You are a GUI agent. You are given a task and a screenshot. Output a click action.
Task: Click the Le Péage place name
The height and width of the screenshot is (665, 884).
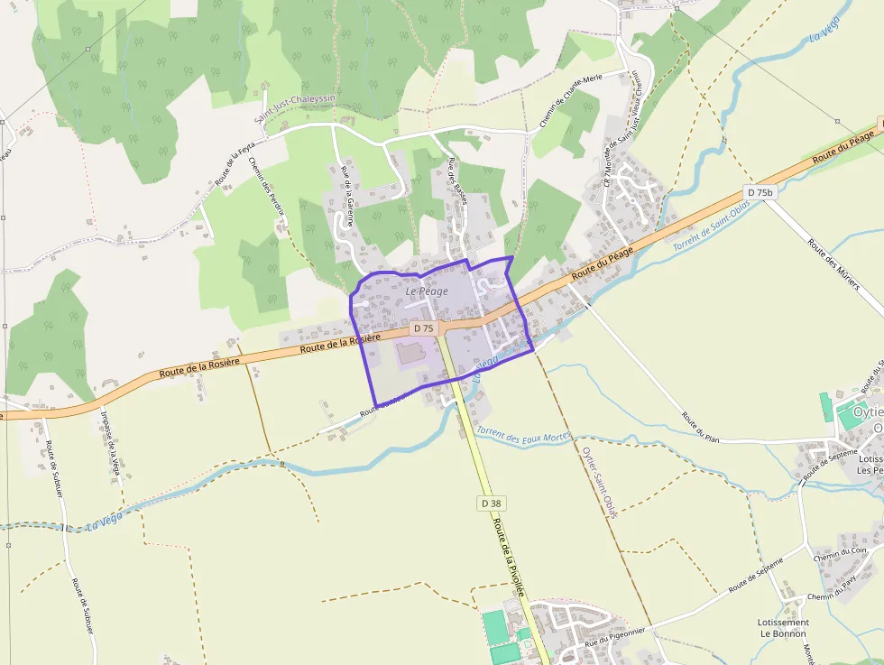[x=427, y=291]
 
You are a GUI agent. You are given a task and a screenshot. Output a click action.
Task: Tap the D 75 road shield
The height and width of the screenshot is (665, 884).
[x=423, y=328]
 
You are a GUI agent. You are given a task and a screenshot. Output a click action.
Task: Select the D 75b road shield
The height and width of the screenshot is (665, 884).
[x=760, y=192]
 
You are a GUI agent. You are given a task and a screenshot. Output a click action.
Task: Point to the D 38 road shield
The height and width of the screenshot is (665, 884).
[x=490, y=503]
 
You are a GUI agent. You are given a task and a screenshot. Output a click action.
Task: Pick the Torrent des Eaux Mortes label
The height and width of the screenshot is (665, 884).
[x=524, y=437]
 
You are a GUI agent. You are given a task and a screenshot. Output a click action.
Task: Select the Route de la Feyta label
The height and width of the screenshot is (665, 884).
[x=235, y=162]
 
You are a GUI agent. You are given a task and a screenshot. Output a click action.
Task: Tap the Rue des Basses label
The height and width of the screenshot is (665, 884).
[x=457, y=181]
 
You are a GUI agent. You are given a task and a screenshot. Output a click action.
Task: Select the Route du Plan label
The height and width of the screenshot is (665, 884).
[x=701, y=427]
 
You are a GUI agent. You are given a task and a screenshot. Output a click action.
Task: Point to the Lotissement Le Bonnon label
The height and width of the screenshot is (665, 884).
[x=783, y=627]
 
